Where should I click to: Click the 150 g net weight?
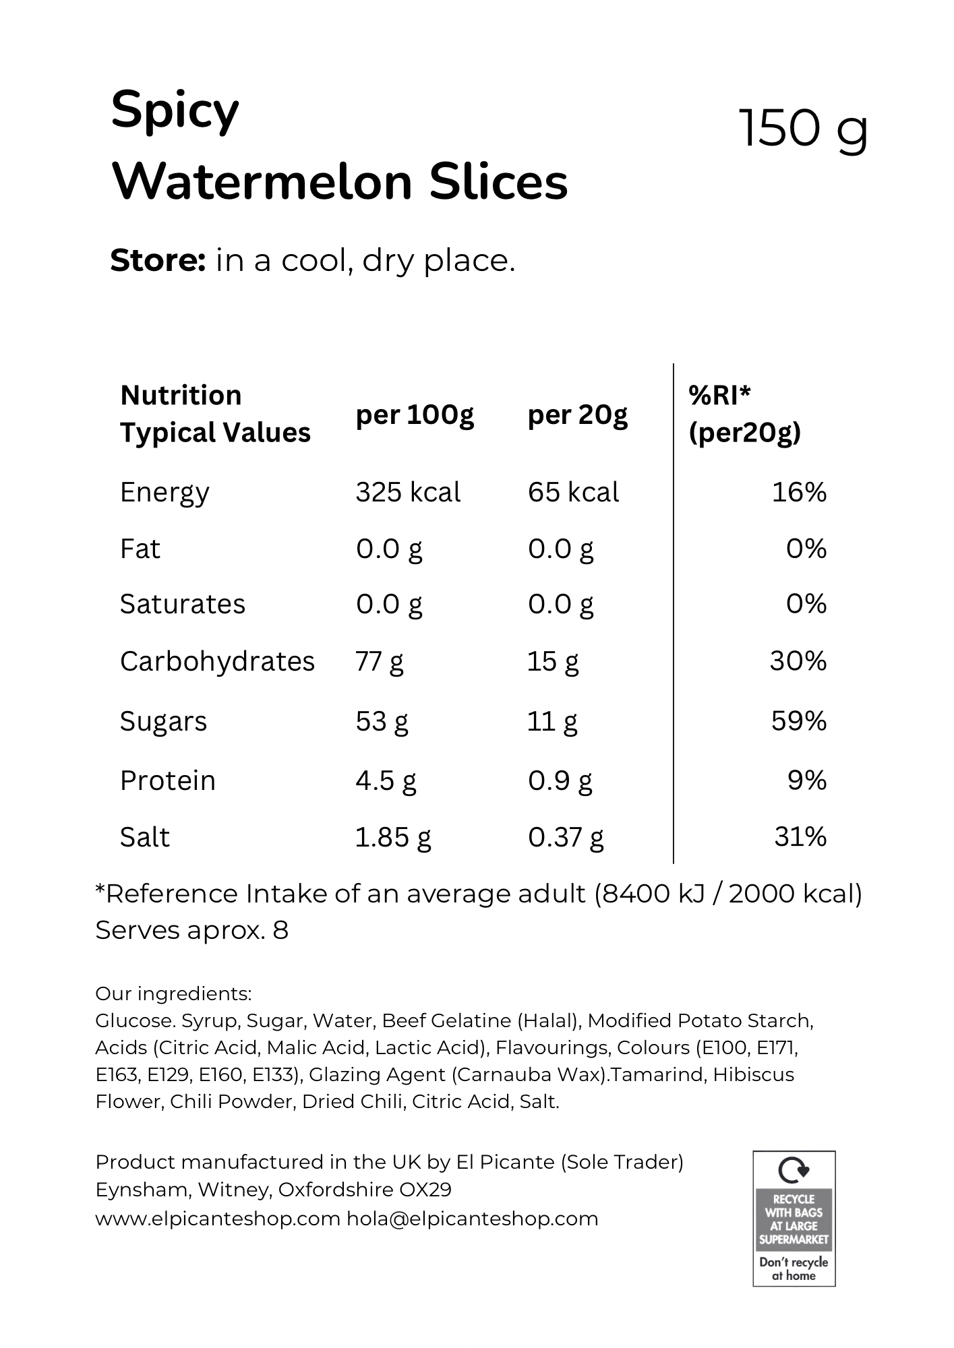(x=804, y=129)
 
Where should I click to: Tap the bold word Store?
(x=158, y=260)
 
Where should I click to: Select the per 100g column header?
(x=415, y=415)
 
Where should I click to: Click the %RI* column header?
(x=719, y=395)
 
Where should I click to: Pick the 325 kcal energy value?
(x=408, y=492)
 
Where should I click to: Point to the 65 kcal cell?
(x=573, y=492)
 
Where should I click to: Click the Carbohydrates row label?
(x=217, y=661)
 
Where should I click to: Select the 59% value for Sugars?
(x=799, y=721)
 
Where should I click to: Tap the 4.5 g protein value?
(x=386, y=780)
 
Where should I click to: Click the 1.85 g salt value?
(x=393, y=837)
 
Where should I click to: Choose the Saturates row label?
(x=183, y=604)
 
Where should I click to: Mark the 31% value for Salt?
(x=800, y=837)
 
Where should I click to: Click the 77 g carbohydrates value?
(x=379, y=661)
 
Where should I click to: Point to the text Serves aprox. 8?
(x=192, y=930)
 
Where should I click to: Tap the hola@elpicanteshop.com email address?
(x=473, y=1219)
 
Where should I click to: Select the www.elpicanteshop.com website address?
(x=218, y=1219)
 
